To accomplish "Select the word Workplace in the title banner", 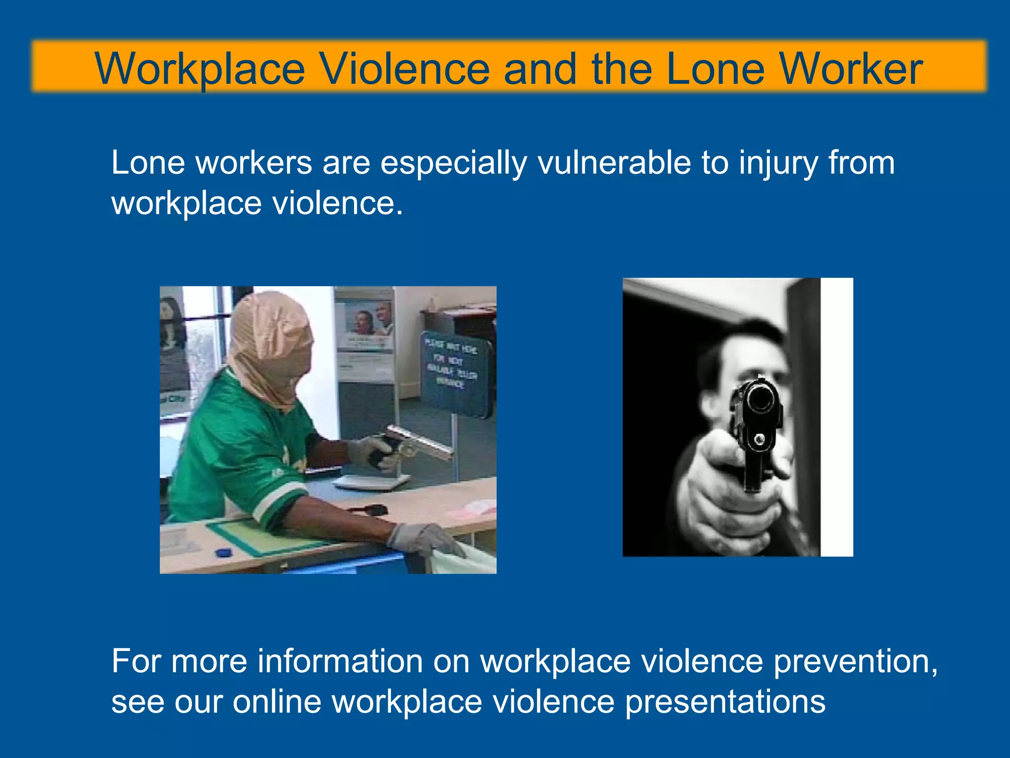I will pos(200,69).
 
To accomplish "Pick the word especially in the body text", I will pos(454,164).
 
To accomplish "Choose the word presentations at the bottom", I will pos(725,703).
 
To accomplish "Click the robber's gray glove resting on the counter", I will pos(424,540).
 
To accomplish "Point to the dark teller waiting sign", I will pos(456,373).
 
